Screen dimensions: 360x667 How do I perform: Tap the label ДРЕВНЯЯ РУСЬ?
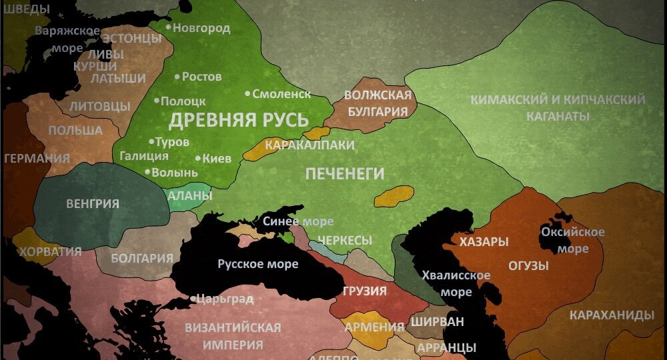pos(238,121)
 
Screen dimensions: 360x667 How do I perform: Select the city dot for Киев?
pos(198,159)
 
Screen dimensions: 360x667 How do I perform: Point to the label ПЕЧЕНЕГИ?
pos(345,174)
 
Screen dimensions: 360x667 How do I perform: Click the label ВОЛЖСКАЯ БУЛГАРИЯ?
pos(378,103)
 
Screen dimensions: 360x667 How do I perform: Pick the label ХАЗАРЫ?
pos(484,241)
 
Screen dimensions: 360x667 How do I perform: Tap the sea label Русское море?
pos(258,264)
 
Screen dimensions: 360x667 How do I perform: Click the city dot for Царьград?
pos(193,299)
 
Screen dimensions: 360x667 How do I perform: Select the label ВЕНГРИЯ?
pos(93,203)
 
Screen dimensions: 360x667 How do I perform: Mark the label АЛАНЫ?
pos(189,196)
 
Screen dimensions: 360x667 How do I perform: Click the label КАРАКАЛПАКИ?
pos(309,145)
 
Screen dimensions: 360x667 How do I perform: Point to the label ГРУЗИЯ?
pos(365,291)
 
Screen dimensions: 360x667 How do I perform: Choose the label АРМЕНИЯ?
pos(374,327)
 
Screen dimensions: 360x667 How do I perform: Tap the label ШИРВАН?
pos(437,321)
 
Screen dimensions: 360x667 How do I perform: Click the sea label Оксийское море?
pos(573,240)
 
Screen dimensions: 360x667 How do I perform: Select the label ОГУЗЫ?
pos(528,265)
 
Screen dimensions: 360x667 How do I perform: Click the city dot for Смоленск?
pos(247,94)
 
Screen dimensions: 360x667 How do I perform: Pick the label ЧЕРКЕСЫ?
pos(345,240)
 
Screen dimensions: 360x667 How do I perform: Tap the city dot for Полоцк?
pos(157,101)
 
